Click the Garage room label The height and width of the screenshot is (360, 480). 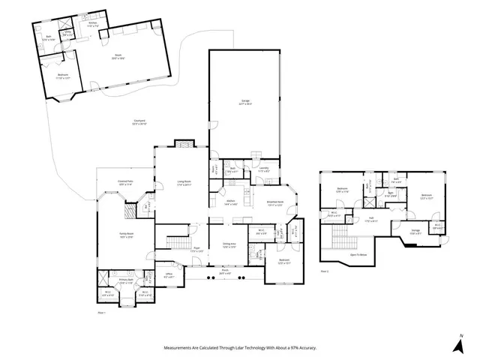(x=245, y=103)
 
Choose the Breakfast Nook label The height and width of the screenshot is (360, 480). (x=274, y=202)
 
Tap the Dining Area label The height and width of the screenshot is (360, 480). (x=229, y=244)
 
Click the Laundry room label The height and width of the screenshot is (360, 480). (x=263, y=169)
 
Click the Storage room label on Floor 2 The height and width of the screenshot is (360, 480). (x=415, y=231)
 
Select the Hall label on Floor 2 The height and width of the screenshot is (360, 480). (x=370, y=219)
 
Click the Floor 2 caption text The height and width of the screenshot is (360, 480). (x=325, y=270)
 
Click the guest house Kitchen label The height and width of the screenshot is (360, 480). (x=93, y=24)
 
